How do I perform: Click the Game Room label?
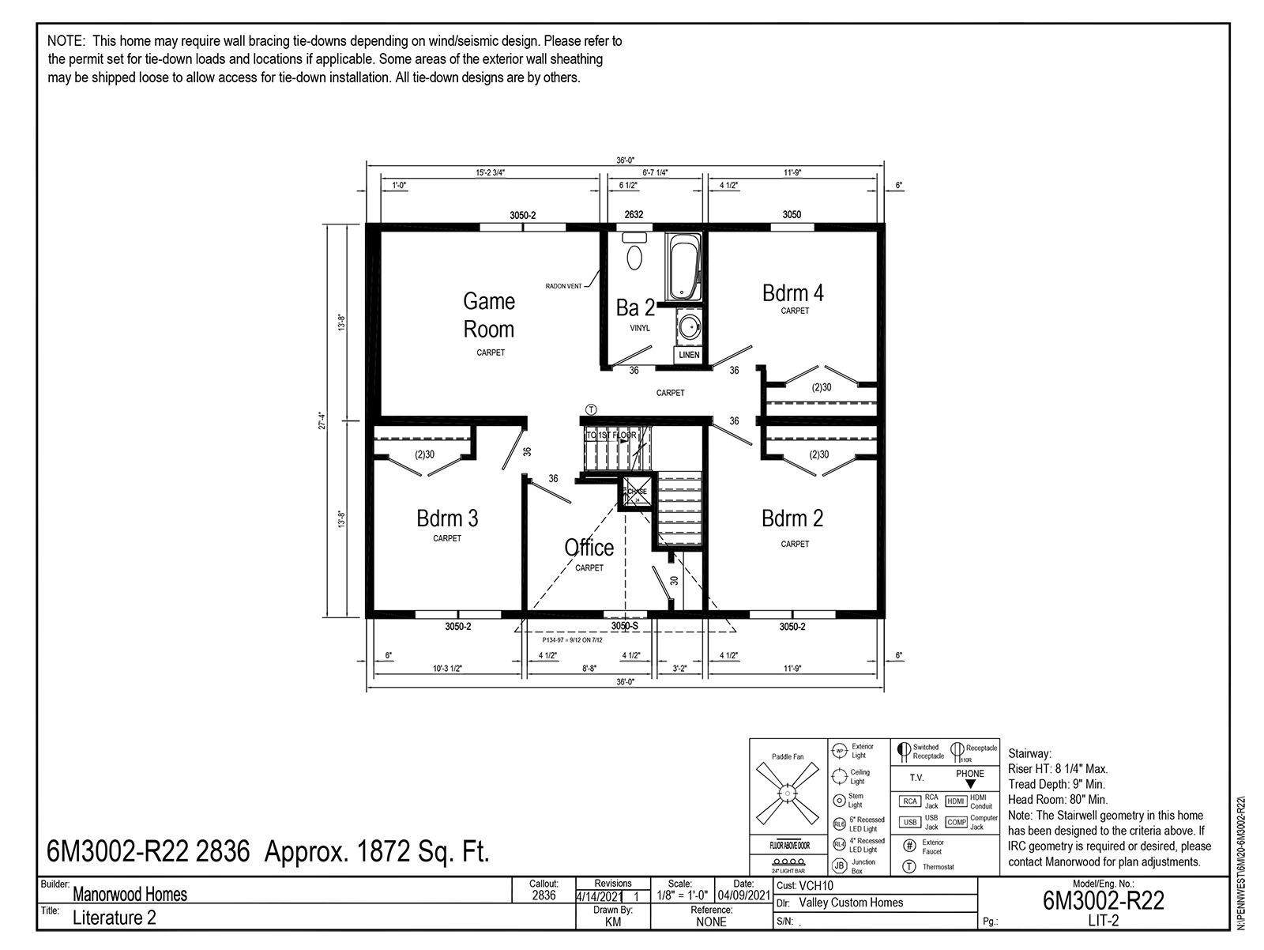click(488, 315)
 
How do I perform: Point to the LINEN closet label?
click(689, 355)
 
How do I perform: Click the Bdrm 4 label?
click(792, 292)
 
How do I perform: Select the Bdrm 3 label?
click(447, 518)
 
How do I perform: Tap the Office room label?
click(589, 547)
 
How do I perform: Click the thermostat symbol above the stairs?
click(591, 409)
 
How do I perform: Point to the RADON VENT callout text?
click(563, 286)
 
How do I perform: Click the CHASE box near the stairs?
click(638, 491)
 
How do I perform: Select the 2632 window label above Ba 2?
click(634, 215)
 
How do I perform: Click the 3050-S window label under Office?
click(624, 626)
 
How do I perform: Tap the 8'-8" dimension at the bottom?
click(589, 668)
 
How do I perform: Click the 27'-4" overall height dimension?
click(322, 420)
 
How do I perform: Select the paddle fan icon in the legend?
click(787, 794)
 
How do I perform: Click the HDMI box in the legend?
click(956, 801)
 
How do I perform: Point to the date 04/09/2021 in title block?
click(743, 895)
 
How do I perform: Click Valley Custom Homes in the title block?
click(851, 903)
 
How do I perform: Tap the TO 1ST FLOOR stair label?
click(611, 435)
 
